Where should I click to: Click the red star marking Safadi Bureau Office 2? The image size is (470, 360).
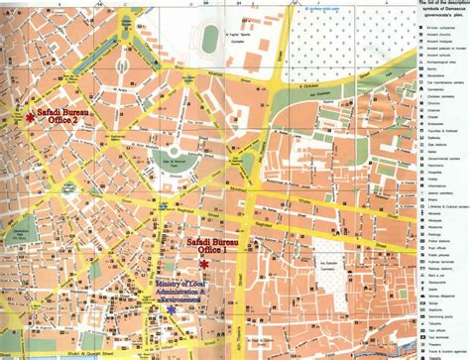[31, 117]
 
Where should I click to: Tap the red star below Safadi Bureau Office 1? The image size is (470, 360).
[204, 265]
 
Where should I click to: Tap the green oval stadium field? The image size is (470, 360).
[211, 39]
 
